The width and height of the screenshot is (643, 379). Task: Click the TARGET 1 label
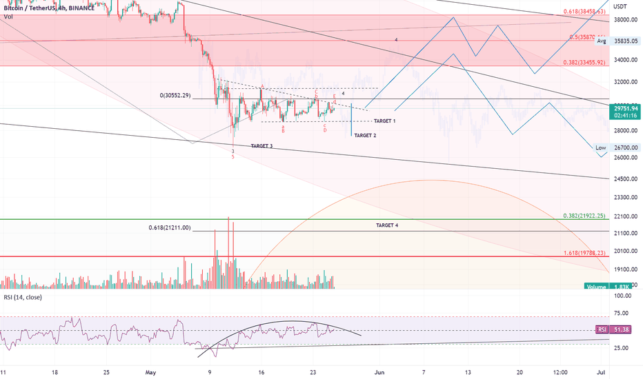pos(384,121)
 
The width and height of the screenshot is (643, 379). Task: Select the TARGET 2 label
pos(365,136)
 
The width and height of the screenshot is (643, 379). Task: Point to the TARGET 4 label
pos(387,225)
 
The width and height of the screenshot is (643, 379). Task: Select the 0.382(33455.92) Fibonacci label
pos(584,62)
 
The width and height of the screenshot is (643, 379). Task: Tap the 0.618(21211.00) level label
pos(169,227)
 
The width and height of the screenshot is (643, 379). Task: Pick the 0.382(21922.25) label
pos(584,216)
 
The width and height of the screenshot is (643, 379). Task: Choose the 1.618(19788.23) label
pos(584,253)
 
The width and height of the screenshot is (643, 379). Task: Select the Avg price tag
pos(601,41)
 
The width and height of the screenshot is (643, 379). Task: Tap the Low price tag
pos(601,147)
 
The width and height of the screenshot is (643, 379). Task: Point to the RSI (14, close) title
pos(26,298)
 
